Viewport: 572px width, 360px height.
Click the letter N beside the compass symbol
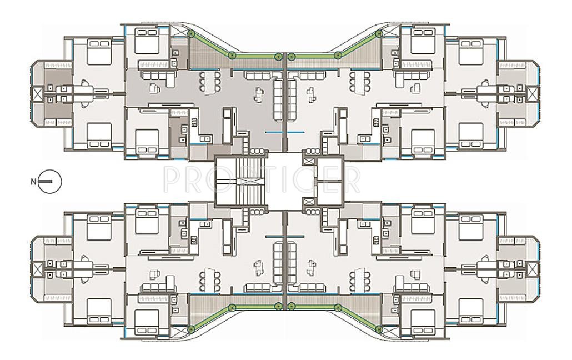tap(34, 181)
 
